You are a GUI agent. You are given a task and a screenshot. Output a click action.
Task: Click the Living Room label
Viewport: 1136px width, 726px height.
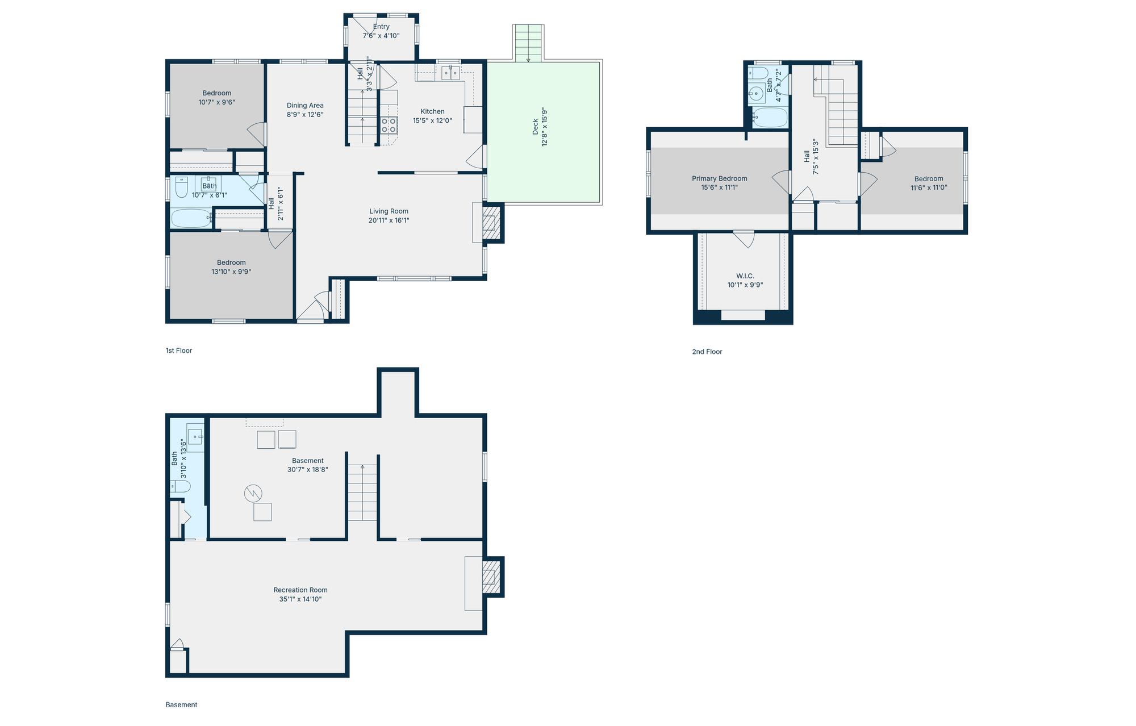pos(389,211)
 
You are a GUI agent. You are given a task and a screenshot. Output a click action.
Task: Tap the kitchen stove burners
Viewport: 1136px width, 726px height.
pos(389,126)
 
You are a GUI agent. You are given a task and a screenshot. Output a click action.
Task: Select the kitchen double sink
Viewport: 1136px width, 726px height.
pos(451,72)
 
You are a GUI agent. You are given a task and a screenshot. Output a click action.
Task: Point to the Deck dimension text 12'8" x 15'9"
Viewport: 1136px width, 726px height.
pos(545,126)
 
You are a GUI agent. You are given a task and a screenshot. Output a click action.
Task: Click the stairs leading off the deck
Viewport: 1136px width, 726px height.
pos(528,43)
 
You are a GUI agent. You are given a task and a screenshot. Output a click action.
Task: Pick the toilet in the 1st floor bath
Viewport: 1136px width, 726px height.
pos(181,187)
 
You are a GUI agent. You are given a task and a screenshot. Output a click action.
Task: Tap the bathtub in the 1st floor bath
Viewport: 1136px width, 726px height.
pos(191,218)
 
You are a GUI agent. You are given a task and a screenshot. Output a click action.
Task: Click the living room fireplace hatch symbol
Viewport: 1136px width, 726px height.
pos(491,223)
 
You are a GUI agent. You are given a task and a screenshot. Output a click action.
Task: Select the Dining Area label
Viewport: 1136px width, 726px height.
pos(305,105)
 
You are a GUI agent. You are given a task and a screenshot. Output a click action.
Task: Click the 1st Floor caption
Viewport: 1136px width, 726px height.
pos(179,351)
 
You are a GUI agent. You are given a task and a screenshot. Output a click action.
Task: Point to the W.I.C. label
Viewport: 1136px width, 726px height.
pos(745,276)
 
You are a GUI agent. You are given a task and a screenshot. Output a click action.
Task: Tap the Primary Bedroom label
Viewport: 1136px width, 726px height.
pos(720,178)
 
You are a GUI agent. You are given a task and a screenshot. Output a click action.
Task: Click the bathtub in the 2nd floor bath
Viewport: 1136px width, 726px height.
pos(770,118)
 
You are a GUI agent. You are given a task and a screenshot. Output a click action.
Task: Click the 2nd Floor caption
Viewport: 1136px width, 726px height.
pos(707,352)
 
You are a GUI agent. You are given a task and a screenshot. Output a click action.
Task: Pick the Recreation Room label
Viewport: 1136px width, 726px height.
pos(300,590)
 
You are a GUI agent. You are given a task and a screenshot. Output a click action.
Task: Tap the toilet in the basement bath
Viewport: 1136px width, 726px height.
pos(180,486)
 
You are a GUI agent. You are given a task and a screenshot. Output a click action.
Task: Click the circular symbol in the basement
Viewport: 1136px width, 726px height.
pos(253,493)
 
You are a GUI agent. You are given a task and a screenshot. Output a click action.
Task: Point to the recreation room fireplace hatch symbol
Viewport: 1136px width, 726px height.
pos(491,577)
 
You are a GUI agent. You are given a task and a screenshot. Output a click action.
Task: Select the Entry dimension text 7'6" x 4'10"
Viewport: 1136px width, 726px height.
pos(381,35)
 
